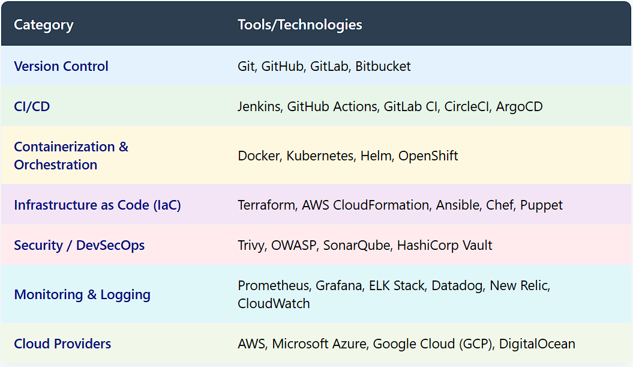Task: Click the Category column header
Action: click(44, 25)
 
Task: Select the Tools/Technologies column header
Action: click(299, 25)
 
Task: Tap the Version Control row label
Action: click(61, 66)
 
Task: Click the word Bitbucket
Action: click(383, 66)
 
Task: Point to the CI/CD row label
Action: click(32, 106)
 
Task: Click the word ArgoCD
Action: click(519, 107)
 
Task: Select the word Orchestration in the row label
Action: click(56, 165)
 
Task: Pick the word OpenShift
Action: click(428, 156)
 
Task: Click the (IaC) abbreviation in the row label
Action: click(167, 205)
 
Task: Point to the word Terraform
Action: click(267, 205)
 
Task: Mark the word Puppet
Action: click(541, 205)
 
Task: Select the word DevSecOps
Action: click(110, 245)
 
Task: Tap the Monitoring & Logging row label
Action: click(82, 295)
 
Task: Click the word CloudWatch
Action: click(274, 303)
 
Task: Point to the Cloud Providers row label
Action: click(62, 344)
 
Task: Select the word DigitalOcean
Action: click(537, 344)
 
